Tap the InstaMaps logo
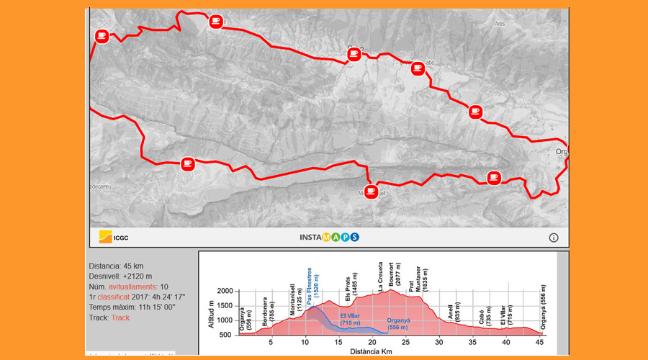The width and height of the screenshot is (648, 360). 329,237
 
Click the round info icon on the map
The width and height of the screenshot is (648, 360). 554,237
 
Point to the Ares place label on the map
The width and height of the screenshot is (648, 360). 500,24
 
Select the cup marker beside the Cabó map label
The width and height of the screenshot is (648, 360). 354,54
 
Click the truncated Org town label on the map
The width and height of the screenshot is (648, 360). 562,151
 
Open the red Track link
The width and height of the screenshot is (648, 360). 120,317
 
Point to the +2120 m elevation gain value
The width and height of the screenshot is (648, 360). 137,276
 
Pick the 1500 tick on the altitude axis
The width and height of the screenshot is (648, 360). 225,305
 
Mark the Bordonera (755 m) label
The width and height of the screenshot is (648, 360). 269,312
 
